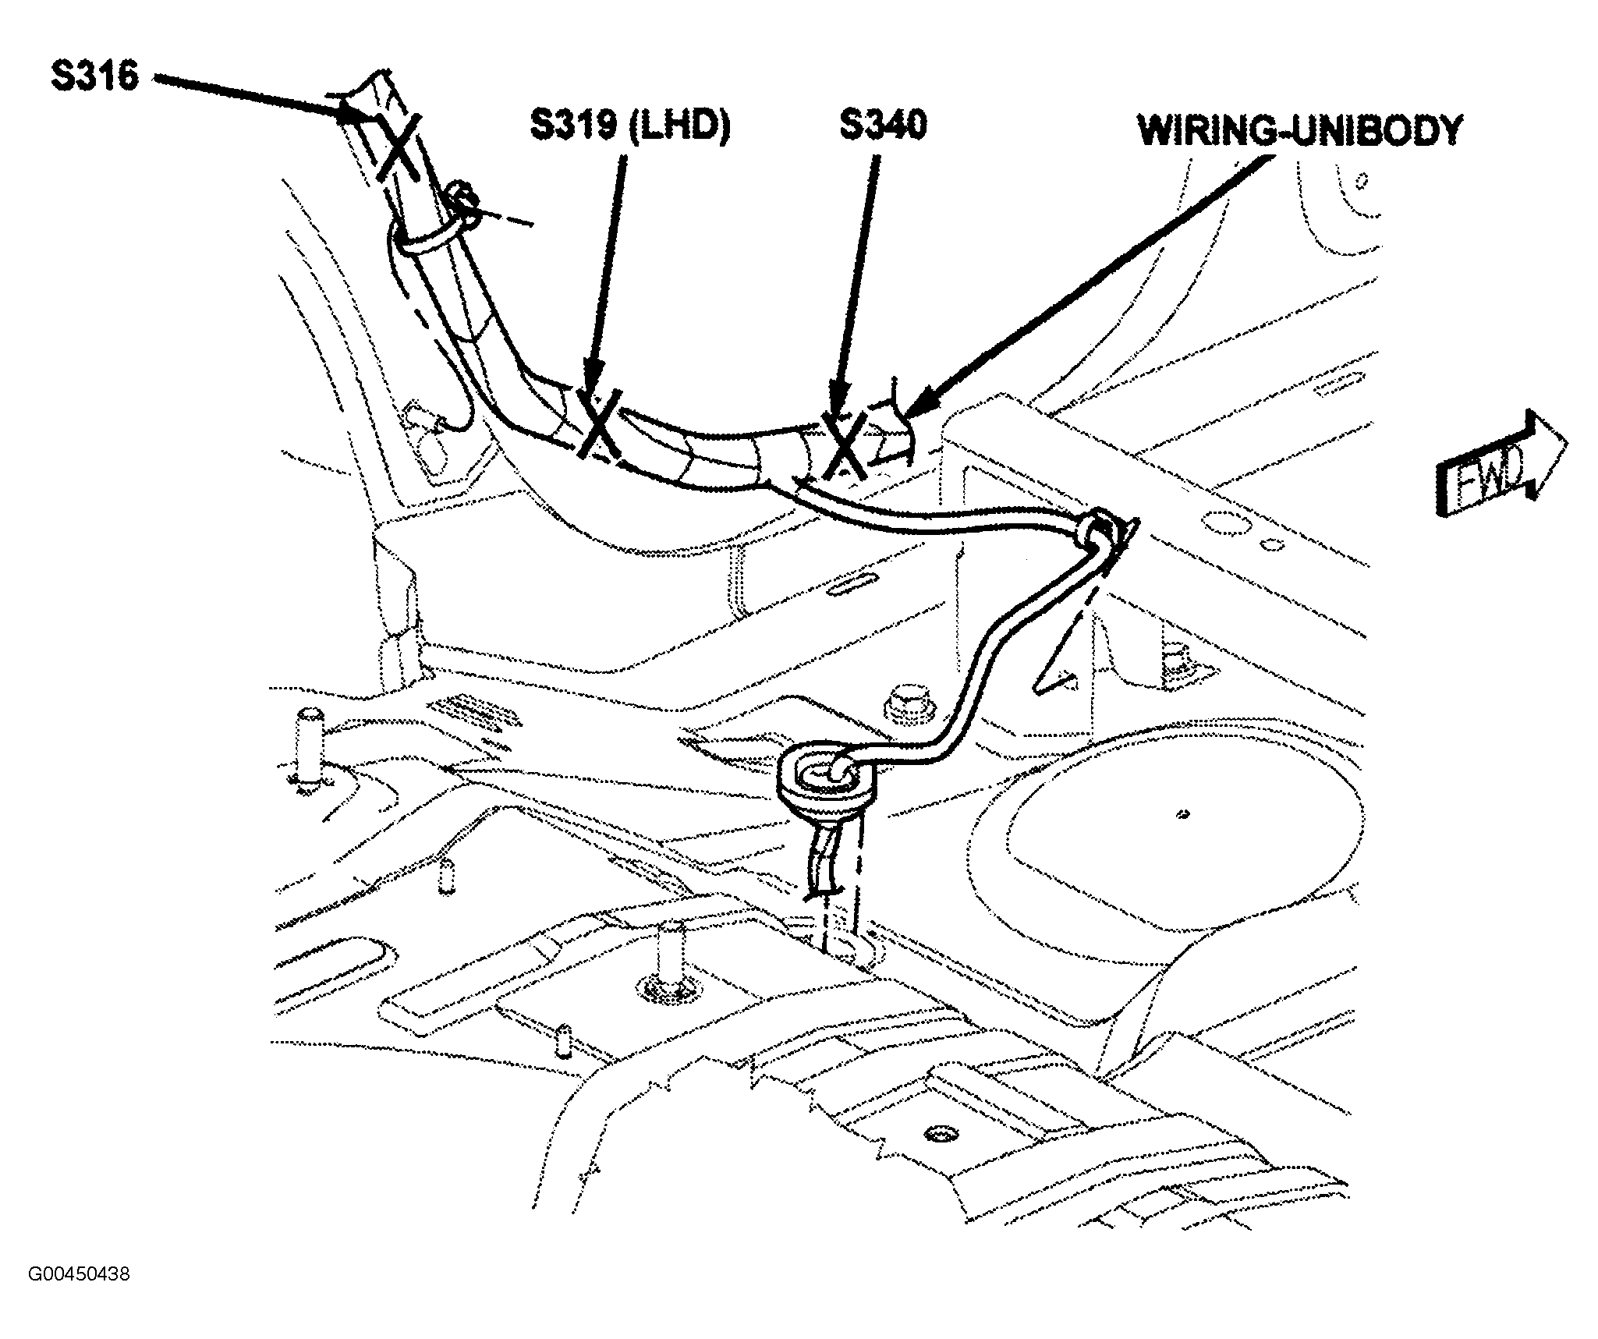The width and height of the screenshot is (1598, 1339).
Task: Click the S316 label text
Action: click(x=95, y=76)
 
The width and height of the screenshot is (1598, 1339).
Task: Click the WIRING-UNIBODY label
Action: click(x=1299, y=130)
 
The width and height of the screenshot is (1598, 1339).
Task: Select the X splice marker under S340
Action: click(x=844, y=446)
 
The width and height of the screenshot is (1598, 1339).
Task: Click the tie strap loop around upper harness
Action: click(x=425, y=234)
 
